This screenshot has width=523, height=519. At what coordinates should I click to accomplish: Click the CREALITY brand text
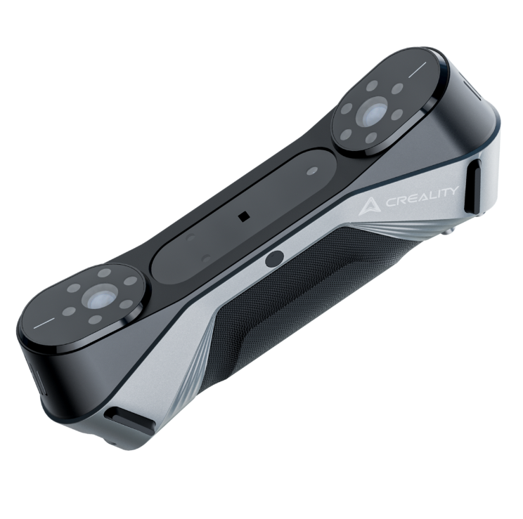tap(422, 197)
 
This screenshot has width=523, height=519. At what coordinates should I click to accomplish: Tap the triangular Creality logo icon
tap(370, 207)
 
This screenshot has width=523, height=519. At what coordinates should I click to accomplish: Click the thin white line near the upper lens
tap(418, 70)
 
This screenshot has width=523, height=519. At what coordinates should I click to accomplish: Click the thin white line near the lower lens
tap(44, 323)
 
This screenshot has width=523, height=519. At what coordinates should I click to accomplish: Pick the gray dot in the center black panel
tap(312, 171)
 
